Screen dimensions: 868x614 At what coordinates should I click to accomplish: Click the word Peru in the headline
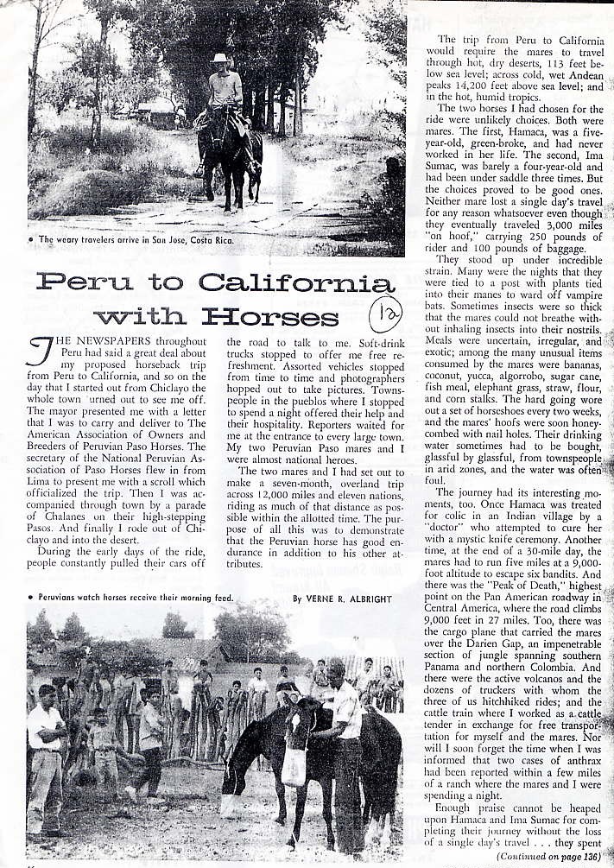84,283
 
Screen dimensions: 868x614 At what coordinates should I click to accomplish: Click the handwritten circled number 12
384,314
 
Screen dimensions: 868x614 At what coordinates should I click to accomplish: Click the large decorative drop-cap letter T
39,352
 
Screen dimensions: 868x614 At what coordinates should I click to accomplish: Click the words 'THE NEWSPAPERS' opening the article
102,341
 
